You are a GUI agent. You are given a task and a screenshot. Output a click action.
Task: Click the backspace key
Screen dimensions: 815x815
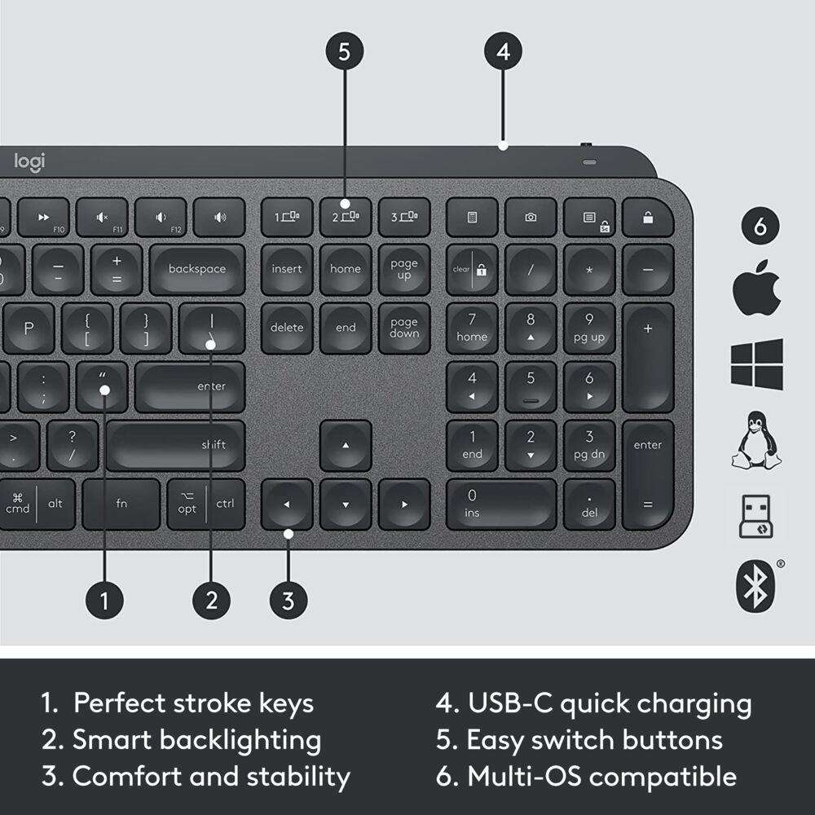[196, 269]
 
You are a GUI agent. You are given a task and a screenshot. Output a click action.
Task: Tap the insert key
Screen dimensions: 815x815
[286, 269]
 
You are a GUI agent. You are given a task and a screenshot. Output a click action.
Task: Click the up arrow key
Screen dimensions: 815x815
[345, 445]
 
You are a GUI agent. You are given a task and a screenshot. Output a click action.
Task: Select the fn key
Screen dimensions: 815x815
[121, 504]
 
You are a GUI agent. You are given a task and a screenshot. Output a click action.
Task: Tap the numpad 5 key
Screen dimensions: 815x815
[531, 386]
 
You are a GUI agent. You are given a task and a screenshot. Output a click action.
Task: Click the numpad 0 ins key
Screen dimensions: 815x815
[501, 504]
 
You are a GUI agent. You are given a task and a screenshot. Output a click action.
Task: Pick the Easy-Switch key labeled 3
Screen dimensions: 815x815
[404, 217]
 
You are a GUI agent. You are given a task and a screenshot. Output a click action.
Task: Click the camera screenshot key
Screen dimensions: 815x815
[531, 217]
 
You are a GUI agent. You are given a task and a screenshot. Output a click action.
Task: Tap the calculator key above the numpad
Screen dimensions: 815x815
[472, 217]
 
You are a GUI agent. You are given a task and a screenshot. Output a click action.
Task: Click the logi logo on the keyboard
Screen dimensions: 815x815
[29, 161]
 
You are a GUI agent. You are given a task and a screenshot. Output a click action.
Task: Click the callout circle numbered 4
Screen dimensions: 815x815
[503, 51]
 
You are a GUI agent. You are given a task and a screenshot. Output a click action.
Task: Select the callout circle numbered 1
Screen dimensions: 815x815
[104, 601]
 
